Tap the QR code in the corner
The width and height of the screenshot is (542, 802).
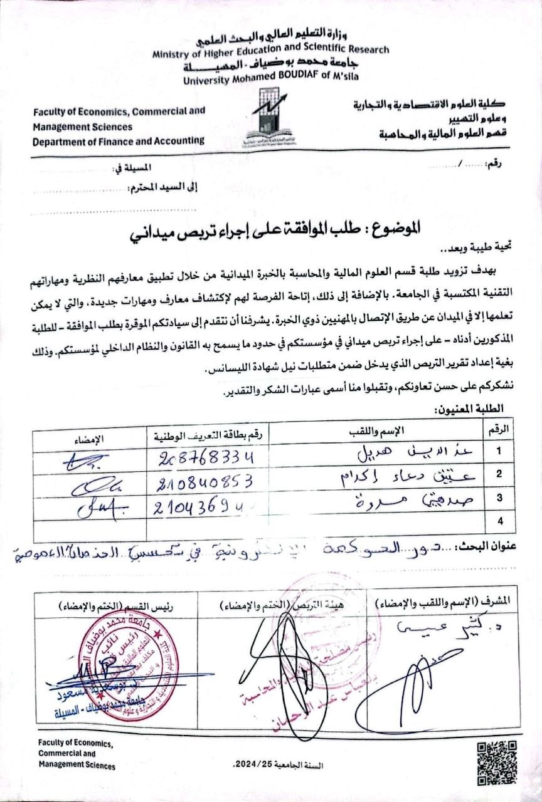coord(497,759)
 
